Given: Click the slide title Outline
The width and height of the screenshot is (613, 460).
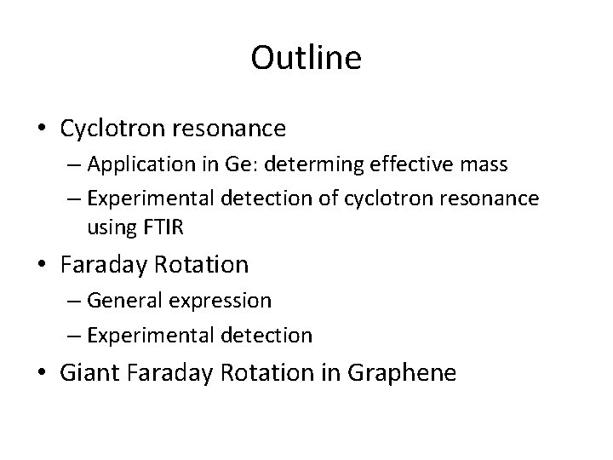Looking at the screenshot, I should (x=306, y=59).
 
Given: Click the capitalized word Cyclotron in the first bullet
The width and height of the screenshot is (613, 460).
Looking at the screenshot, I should (x=116, y=129).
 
